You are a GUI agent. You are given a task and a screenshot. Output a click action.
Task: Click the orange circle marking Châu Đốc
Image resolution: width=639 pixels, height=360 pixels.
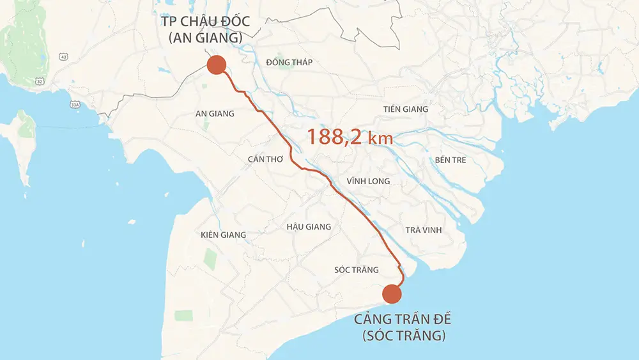(216, 65)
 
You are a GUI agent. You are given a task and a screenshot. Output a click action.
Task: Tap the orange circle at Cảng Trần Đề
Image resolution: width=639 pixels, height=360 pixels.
(392, 293)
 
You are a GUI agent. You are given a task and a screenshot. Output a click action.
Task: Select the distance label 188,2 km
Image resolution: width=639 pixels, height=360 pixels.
(350, 137)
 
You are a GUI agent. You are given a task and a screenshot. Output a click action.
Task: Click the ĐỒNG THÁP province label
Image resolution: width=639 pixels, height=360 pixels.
(289, 62)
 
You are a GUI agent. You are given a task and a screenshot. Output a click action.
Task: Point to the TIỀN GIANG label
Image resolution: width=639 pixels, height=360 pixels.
(406, 109)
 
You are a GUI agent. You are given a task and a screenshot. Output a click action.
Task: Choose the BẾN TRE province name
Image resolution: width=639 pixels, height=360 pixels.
(450, 160)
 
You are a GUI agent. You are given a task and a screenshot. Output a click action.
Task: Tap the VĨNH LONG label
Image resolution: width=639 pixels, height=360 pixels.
(368, 182)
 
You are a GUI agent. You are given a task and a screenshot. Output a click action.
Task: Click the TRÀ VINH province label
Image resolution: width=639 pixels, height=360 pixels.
(423, 230)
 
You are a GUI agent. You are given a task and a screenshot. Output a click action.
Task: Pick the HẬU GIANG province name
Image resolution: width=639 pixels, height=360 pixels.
(309, 226)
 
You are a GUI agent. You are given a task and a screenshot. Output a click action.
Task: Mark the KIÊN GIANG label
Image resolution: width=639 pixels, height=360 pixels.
(223, 235)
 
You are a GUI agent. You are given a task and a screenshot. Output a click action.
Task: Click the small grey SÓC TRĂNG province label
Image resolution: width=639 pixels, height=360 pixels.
(357, 270)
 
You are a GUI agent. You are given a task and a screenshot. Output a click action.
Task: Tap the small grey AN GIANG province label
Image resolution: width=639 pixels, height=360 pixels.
(215, 114)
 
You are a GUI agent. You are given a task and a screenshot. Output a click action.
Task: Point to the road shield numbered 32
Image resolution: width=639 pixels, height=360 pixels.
(40, 82)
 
